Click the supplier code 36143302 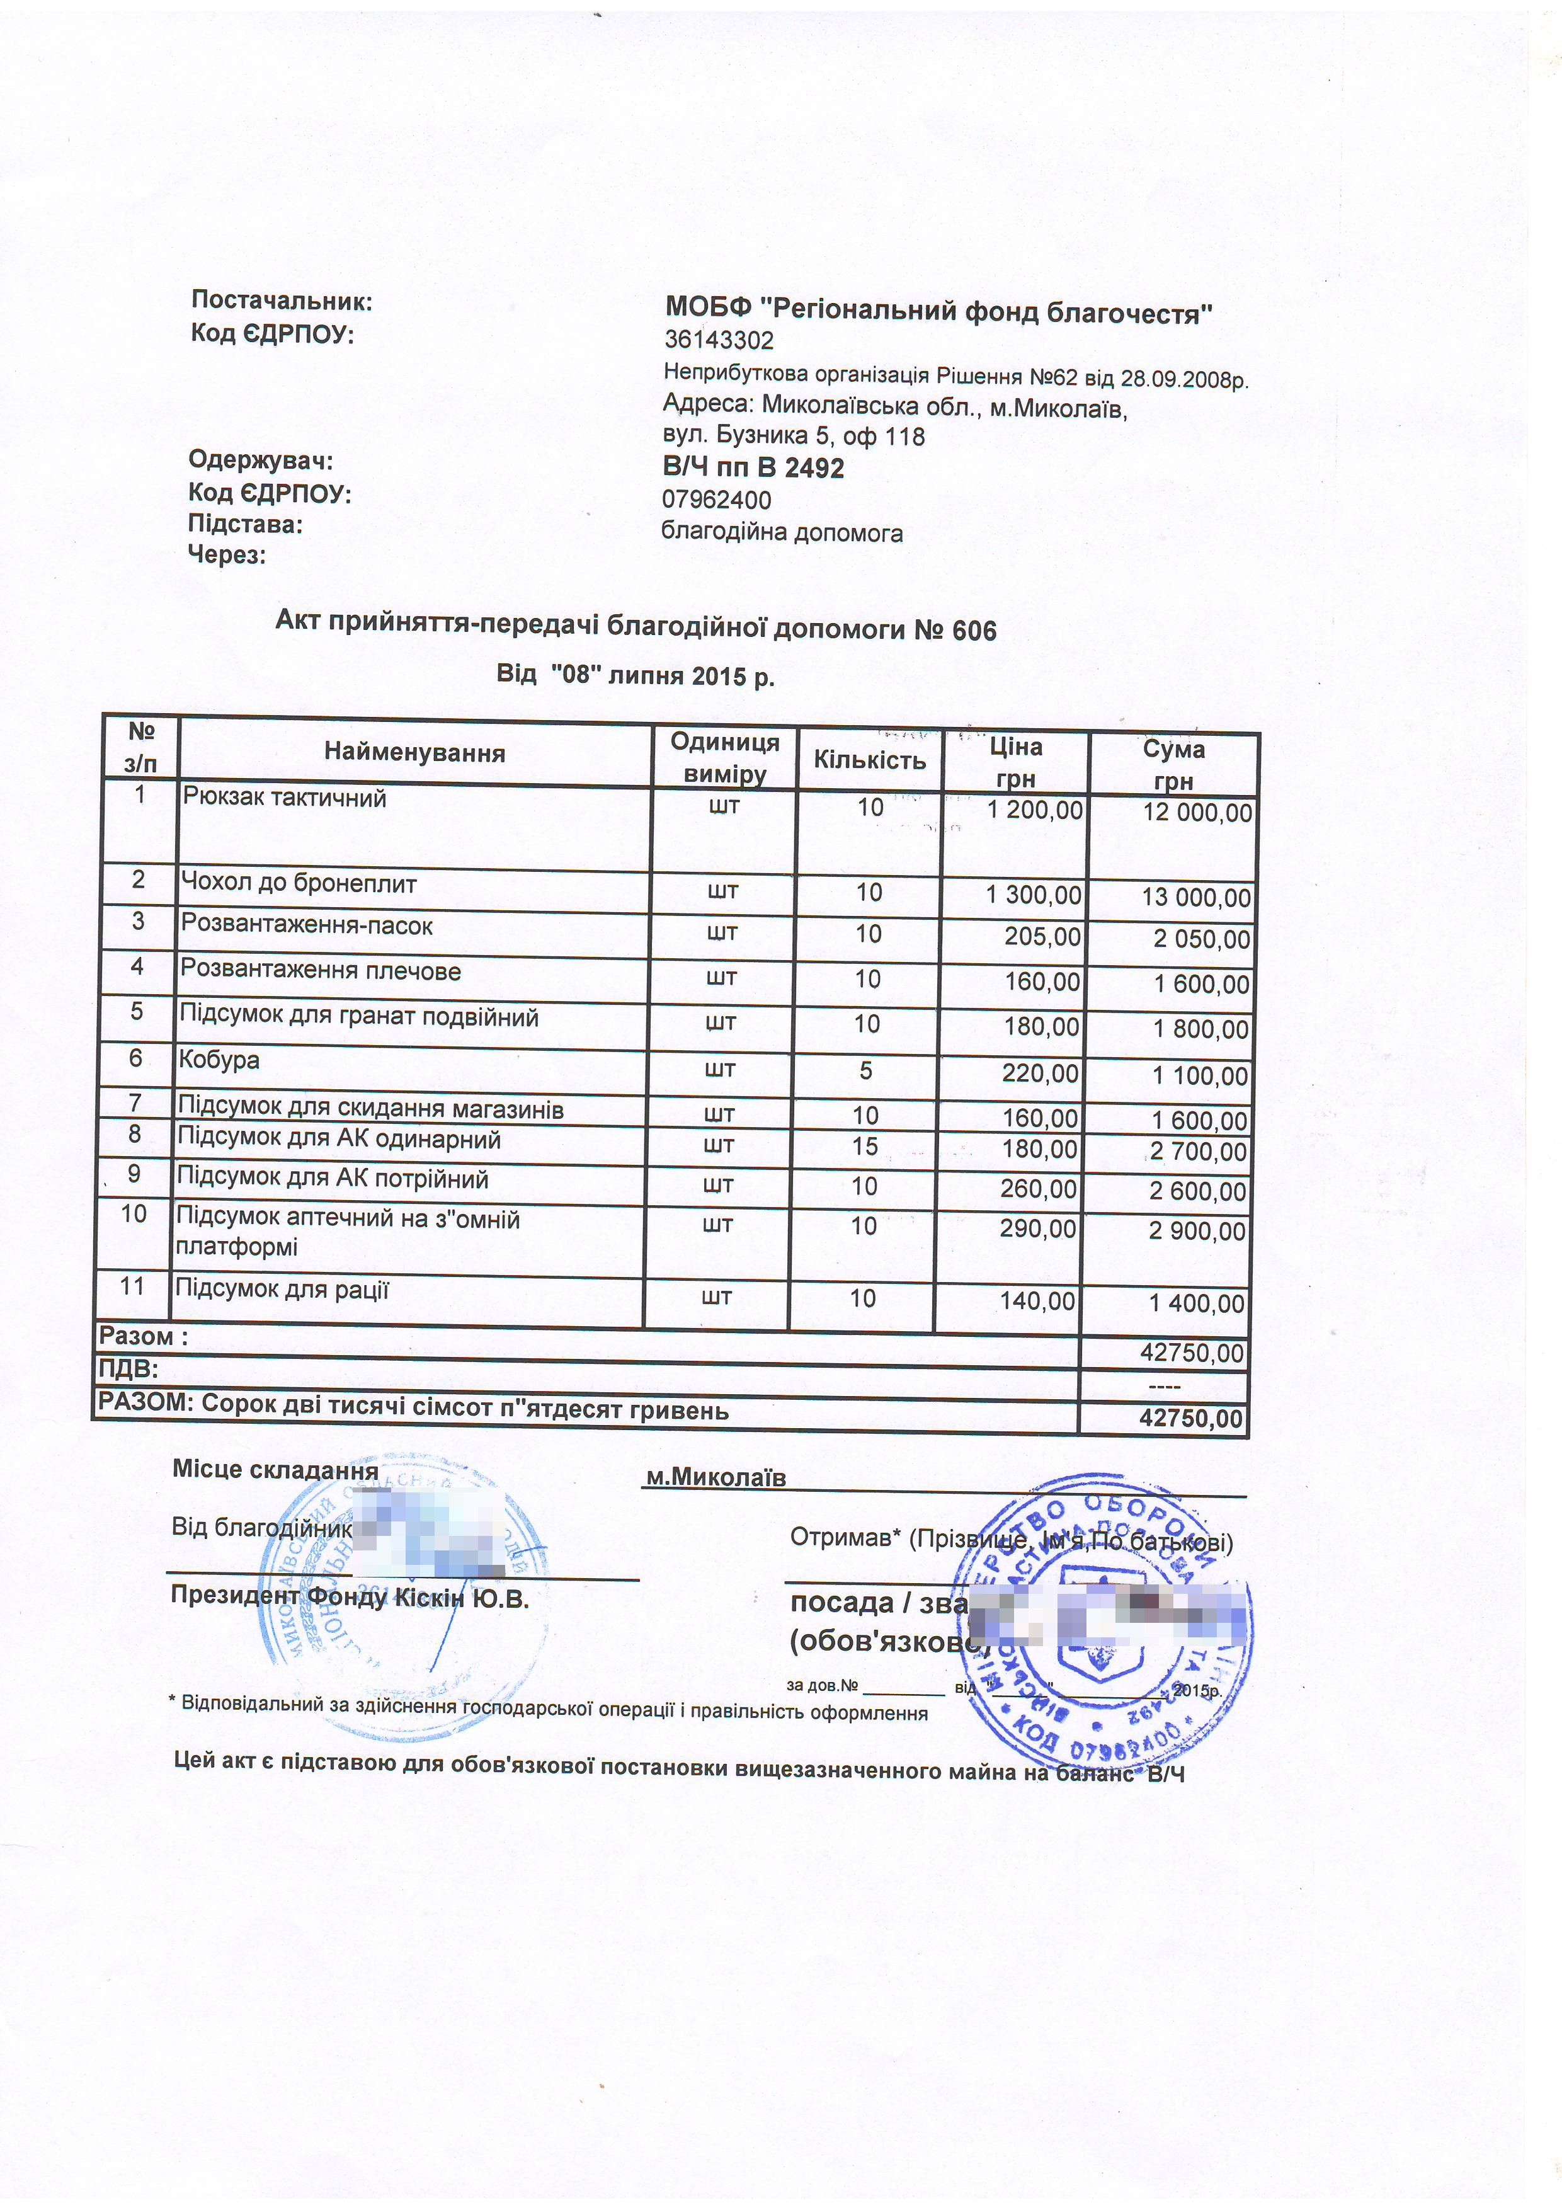(x=718, y=341)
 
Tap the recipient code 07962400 (x=716, y=500)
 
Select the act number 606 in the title (x=974, y=631)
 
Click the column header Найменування (x=415, y=753)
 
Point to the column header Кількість (x=869, y=760)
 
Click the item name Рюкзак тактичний (x=284, y=798)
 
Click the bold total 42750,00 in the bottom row (x=1190, y=1419)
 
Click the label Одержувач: (x=261, y=460)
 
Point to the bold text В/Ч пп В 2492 (x=753, y=469)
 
